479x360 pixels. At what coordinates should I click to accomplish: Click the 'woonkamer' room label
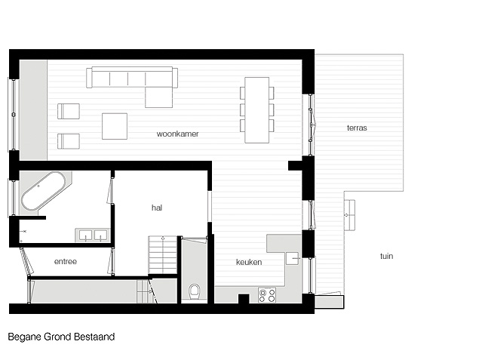pos(177,134)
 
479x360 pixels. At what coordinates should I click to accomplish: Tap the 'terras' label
pos(357,128)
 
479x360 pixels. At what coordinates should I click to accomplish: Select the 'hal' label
pos(157,208)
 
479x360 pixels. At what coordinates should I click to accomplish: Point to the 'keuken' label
pos(249,262)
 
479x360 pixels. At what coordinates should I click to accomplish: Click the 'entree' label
pos(66,262)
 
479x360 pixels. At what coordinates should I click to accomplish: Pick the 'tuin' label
pos(386,256)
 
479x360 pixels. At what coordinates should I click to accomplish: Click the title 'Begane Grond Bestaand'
pos(61,337)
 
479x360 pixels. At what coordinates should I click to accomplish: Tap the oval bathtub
pos(43,191)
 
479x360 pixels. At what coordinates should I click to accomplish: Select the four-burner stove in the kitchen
pos(267,295)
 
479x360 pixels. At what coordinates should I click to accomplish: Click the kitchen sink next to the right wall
pos(293,259)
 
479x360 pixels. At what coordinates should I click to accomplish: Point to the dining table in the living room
pos(257,110)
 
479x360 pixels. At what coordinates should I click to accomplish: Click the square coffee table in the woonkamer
pos(115,126)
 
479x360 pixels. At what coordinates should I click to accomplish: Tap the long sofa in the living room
pos(132,78)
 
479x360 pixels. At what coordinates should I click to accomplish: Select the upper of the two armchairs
pos(69,111)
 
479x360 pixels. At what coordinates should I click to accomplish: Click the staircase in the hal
pos(163,255)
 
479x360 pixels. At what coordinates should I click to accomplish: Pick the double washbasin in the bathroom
pos(93,235)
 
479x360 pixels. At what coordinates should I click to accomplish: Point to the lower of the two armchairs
pos(69,141)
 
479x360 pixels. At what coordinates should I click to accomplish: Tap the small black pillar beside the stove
pos(244,299)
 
